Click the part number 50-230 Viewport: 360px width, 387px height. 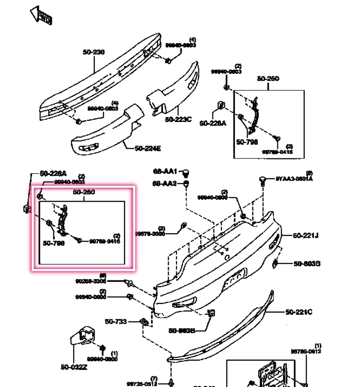pyautogui.click(x=93, y=52)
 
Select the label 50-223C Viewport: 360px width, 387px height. pyautogui.click(x=178, y=120)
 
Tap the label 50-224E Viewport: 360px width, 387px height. pyautogui.click(x=147, y=148)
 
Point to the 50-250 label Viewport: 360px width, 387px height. pyautogui.click(x=268, y=79)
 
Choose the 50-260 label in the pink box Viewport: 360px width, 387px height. pyautogui.click(x=84, y=192)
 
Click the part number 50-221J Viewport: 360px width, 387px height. pyautogui.click(x=307, y=235)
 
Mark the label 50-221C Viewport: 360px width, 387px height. pyautogui.click(x=298, y=312)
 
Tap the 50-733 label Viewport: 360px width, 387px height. pyautogui.click(x=116, y=321)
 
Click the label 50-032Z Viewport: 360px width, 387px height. pyautogui.click(x=74, y=367)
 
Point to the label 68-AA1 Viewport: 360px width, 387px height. pyautogui.click(x=165, y=171)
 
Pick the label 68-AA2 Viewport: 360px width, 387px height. pyautogui.click(x=165, y=183)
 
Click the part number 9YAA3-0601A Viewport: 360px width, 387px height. pyautogui.click(x=294, y=179)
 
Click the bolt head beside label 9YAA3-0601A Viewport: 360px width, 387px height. pyautogui.click(x=262, y=180)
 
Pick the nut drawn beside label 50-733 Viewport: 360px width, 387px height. pyautogui.click(x=143, y=321)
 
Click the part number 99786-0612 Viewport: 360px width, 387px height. pyautogui.click(x=306, y=351)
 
